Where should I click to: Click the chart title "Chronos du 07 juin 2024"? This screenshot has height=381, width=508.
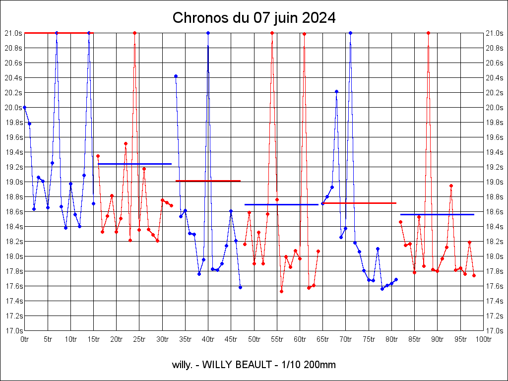pyautogui.click(x=254, y=18)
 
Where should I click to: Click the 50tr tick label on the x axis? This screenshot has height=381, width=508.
pyautogui.click(x=254, y=339)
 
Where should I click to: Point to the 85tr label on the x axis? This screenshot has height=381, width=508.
pyautogui.click(x=415, y=339)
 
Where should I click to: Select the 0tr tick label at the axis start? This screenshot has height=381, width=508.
pyautogui.click(x=25, y=339)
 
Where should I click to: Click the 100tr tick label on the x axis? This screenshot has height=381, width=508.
pyautogui.click(x=483, y=339)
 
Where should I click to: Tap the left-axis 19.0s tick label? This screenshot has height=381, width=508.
pyautogui.click(x=13, y=182)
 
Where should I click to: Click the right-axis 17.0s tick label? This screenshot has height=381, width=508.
pyautogui.click(x=495, y=331)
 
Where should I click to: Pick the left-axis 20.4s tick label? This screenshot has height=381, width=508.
pyautogui.click(x=13, y=78)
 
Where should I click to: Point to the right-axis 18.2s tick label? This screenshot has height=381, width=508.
pyautogui.click(x=495, y=242)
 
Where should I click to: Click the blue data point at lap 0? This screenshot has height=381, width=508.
pyautogui.click(x=25, y=107)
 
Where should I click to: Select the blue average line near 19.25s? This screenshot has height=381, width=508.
pyautogui.click(x=134, y=164)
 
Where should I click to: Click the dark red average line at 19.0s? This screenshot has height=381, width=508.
pyautogui.click(x=208, y=181)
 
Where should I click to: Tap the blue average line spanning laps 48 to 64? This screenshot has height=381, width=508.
pyautogui.click(x=281, y=204)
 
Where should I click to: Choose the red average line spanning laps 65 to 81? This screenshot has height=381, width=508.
pyautogui.click(x=360, y=203)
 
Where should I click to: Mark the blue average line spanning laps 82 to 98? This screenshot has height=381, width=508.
pyautogui.click(x=437, y=214)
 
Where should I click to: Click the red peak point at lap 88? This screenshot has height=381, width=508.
pyautogui.click(x=428, y=33)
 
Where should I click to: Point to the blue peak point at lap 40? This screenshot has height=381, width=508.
pyautogui.click(x=208, y=33)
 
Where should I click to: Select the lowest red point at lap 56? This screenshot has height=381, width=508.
pyautogui.click(x=281, y=291)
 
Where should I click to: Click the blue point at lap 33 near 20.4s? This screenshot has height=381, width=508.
pyautogui.click(x=176, y=76)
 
